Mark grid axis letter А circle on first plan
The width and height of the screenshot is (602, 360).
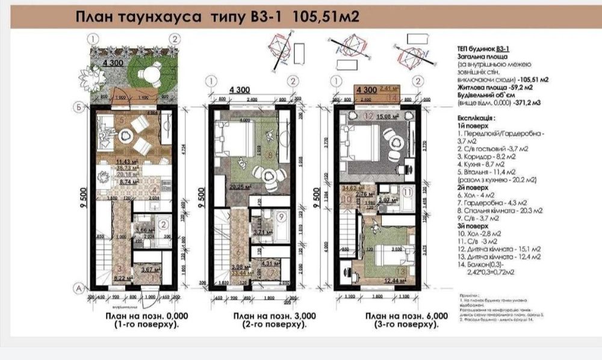click(x=77, y=288)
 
